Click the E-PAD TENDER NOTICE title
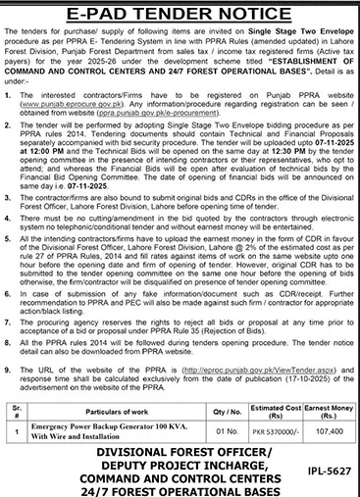(180, 11)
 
